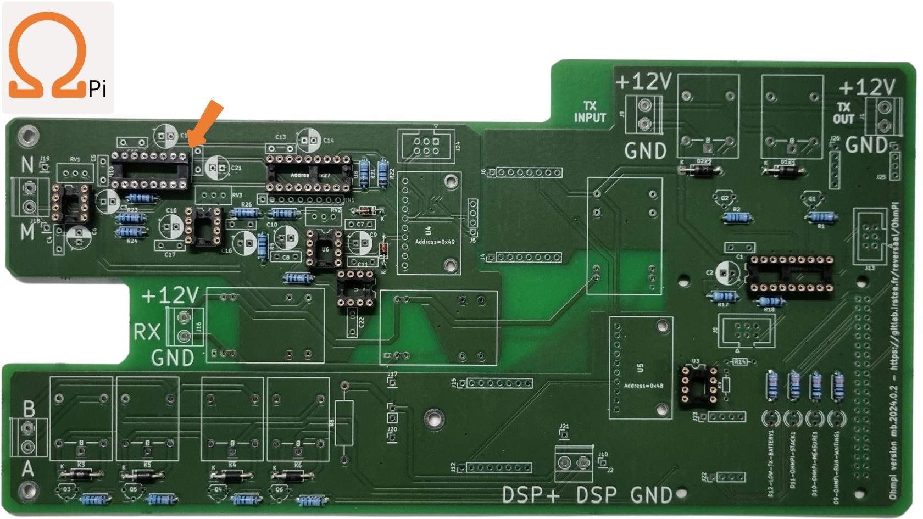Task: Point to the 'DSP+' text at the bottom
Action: point(531,495)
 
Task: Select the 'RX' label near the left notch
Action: point(147,332)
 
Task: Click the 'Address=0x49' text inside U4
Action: point(435,242)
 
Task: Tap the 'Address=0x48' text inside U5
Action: point(643,386)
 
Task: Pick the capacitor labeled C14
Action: point(309,141)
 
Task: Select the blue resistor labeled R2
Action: point(737,218)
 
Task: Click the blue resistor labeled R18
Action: point(769,301)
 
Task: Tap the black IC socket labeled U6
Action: point(324,249)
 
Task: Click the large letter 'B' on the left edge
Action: point(29,409)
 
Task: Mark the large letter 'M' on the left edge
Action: point(27,232)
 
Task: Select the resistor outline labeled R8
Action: point(344,423)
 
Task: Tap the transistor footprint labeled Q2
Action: point(724,198)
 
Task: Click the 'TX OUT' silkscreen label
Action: point(843,113)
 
